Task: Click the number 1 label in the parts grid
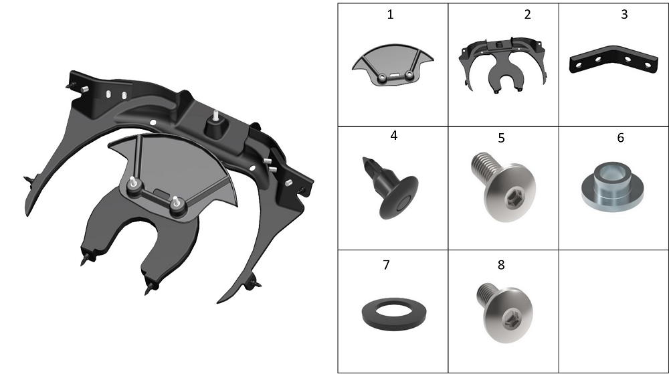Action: click(390, 15)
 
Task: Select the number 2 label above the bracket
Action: click(527, 15)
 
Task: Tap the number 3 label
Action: click(624, 15)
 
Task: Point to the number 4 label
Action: click(394, 136)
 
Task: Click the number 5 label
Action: click(501, 138)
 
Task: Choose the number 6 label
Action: click(621, 138)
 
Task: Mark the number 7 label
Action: click(387, 265)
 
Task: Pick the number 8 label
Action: click(501, 265)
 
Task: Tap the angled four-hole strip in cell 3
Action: click(613, 60)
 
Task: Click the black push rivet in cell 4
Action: click(391, 187)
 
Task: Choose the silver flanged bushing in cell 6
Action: click(613, 187)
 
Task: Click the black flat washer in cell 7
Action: click(393, 314)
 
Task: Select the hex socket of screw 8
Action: click(509, 319)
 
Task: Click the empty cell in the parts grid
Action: click(613, 311)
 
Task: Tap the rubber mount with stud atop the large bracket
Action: click(215, 126)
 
